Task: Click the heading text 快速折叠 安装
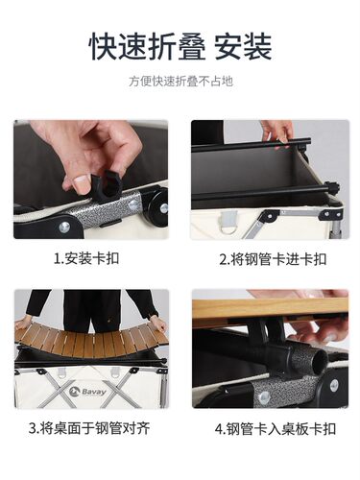point(180,44)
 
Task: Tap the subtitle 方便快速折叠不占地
point(180,82)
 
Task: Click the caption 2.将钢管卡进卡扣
point(272,258)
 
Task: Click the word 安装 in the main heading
point(243,44)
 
